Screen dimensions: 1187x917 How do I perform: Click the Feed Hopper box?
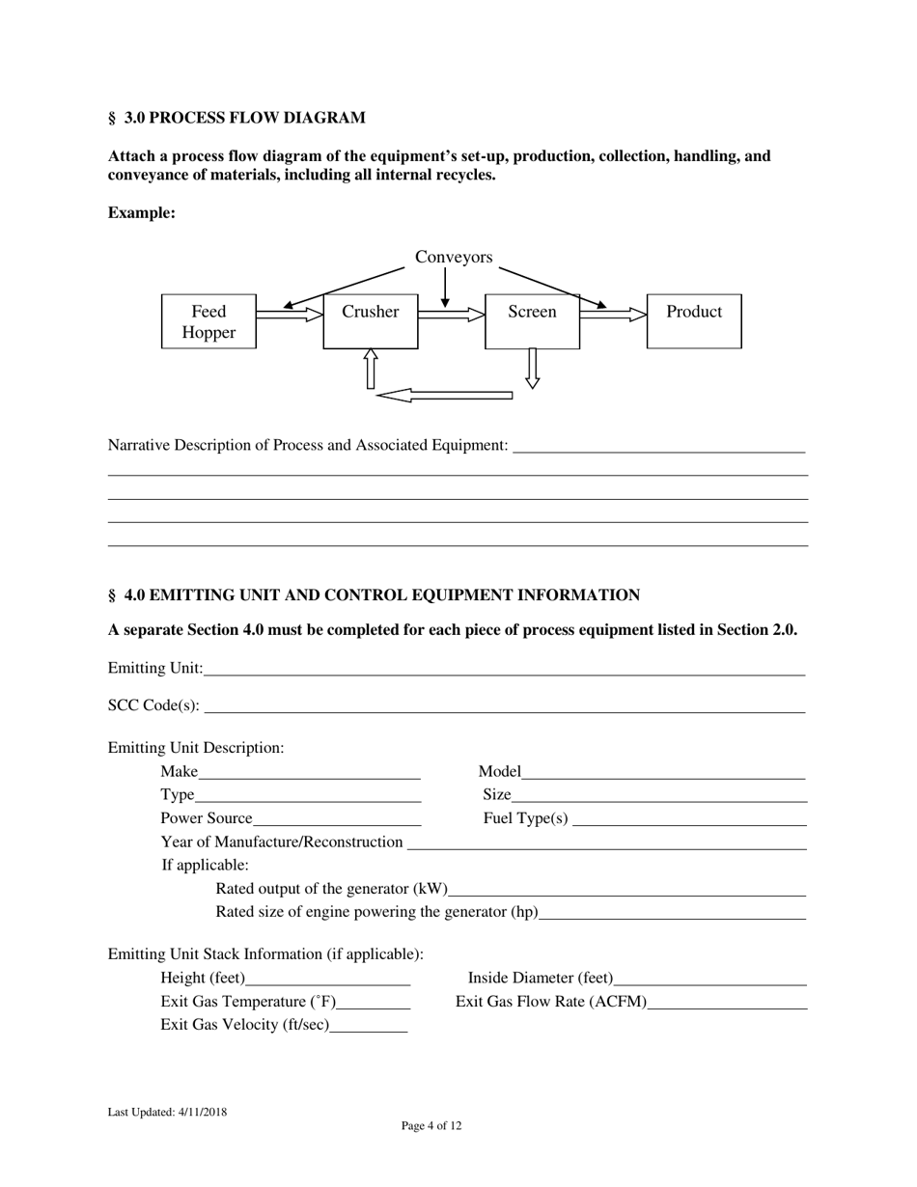click(208, 321)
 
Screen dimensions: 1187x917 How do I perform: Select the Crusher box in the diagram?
click(370, 321)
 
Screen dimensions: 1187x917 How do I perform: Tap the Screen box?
click(532, 321)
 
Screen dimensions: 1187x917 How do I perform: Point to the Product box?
click(694, 321)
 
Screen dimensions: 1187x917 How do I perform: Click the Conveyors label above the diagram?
click(454, 257)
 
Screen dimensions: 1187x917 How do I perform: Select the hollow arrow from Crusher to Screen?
click(451, 314)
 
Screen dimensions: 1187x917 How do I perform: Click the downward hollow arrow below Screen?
click(532, 368)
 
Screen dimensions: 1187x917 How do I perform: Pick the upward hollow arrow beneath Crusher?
click(370, 369)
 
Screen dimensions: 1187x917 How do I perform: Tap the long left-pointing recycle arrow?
click(444, 395)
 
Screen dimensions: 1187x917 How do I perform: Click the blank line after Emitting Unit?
click(503, 668)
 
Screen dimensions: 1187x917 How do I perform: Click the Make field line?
click(309, 771)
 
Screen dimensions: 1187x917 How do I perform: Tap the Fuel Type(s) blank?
click(689, 818)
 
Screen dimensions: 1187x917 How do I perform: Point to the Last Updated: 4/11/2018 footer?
click(168, 1112)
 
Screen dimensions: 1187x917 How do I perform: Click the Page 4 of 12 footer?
click(431, 1125)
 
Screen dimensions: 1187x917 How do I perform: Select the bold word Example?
click(141, 212)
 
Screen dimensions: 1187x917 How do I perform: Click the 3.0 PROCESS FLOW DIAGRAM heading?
click(236, 118)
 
